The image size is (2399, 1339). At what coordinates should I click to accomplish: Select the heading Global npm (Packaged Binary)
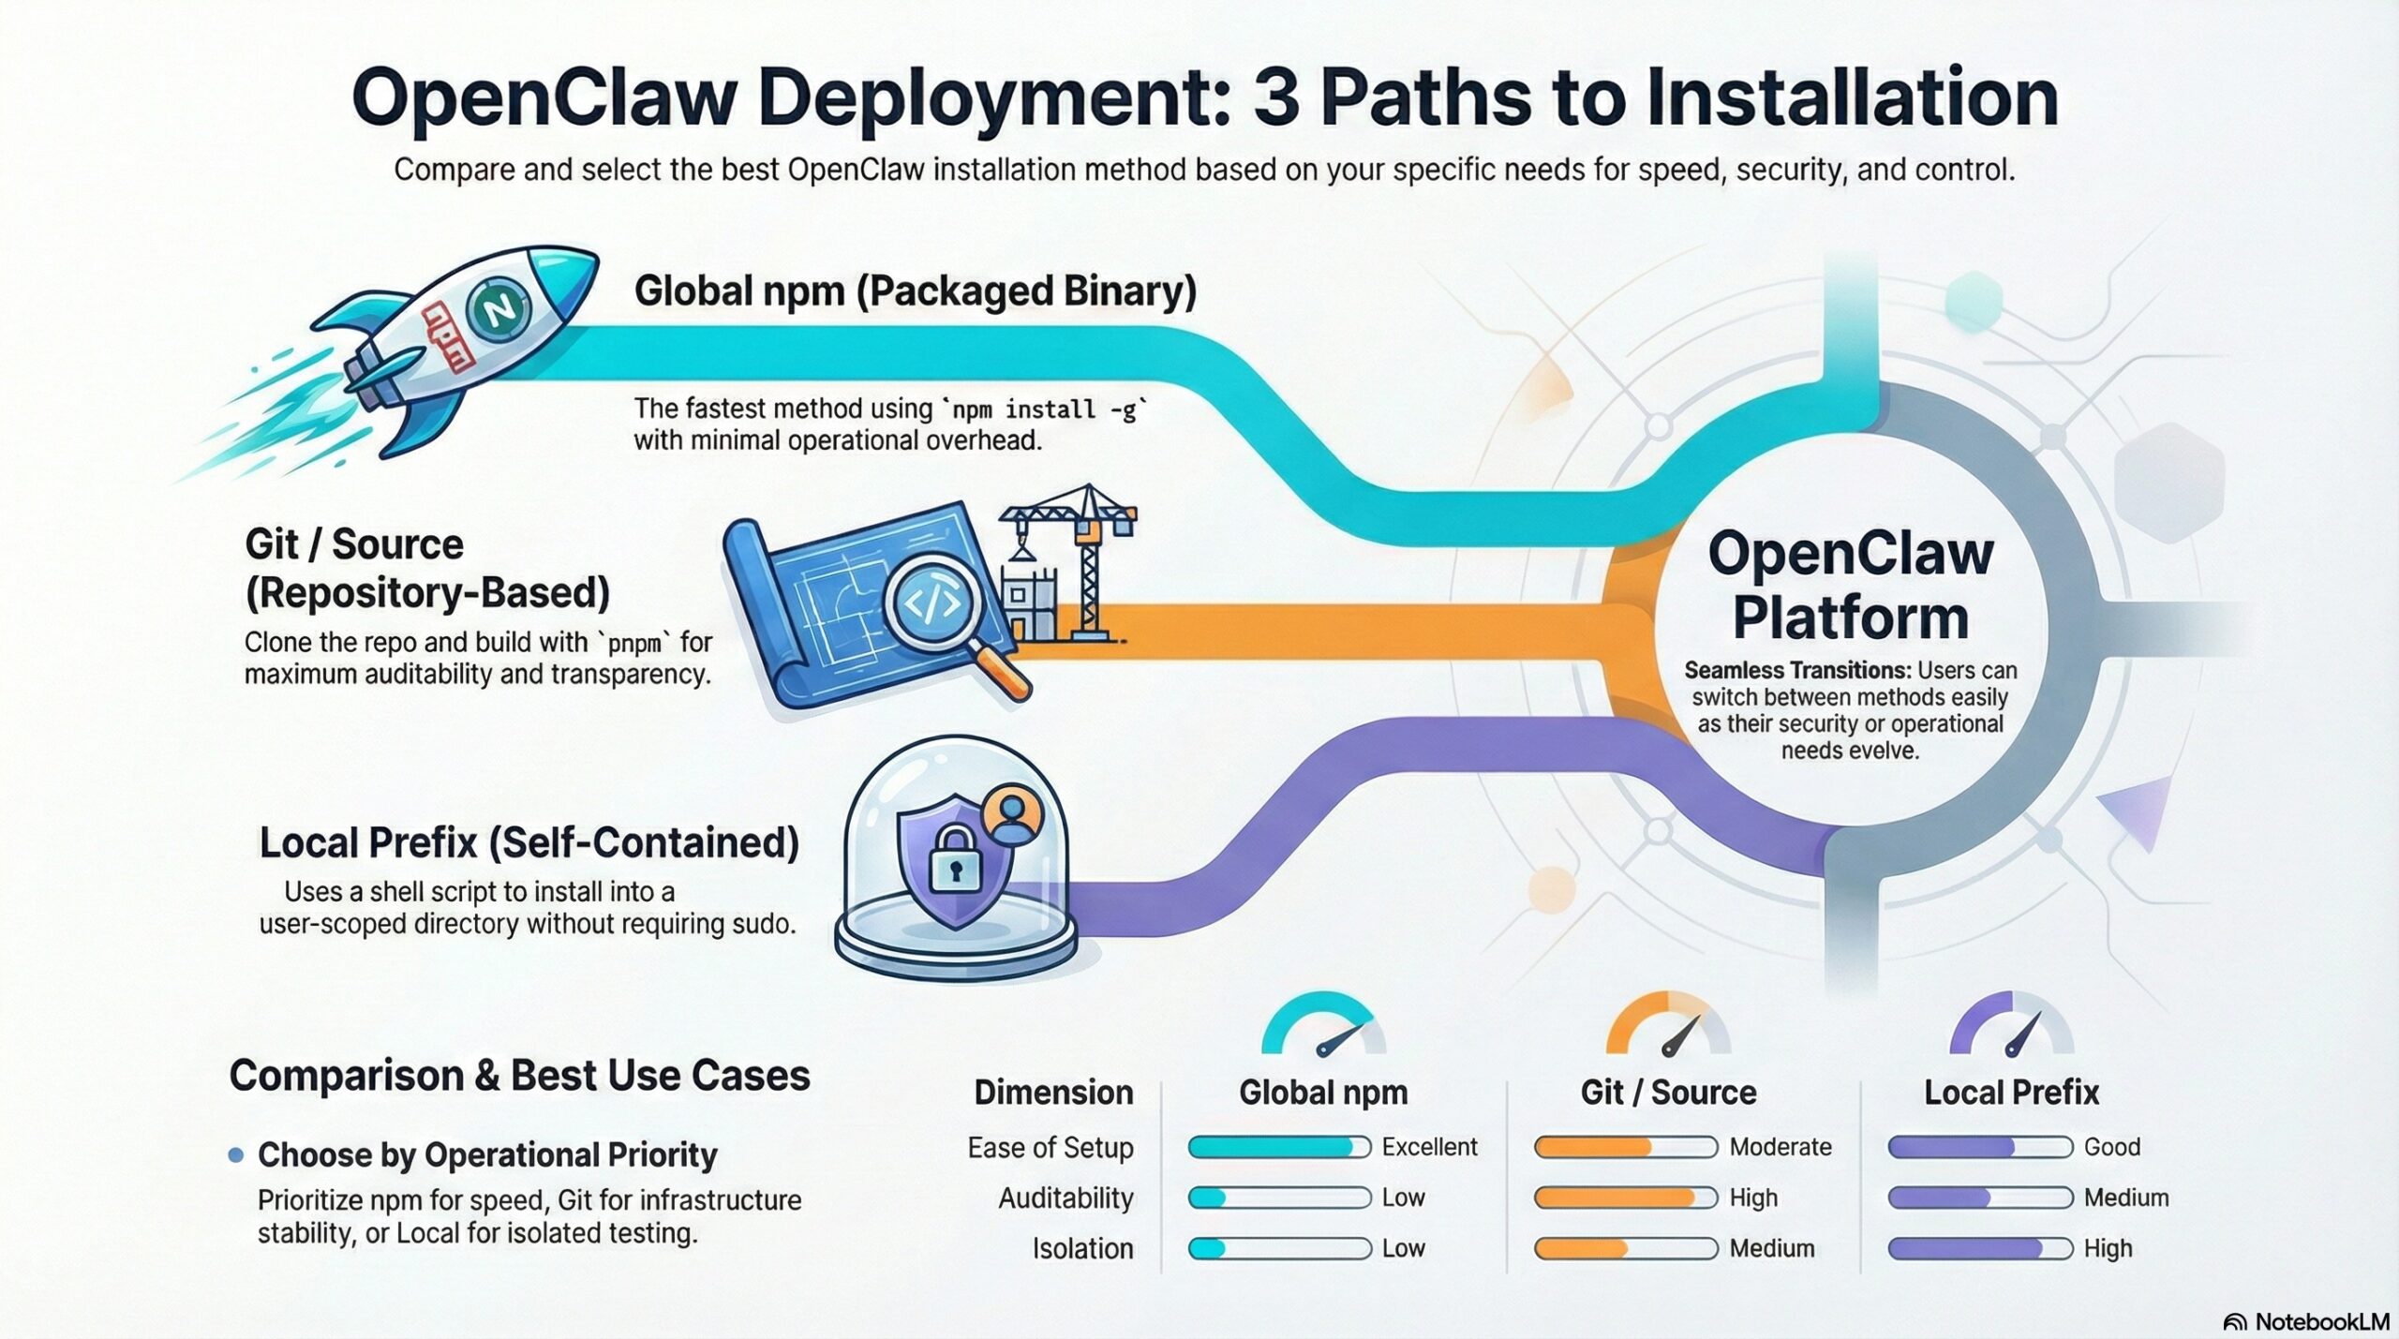click(x=915, y=291)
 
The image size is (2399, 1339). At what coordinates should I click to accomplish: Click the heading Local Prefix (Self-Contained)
click(x=529, y=842)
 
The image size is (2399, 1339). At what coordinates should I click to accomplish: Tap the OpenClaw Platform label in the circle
click(x=1850, y=585)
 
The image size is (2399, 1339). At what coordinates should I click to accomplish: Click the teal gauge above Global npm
click(x=1323, y=1029)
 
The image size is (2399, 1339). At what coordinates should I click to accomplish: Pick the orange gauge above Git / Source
click(x=1668, y=1029)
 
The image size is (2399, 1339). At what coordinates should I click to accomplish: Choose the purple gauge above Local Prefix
click(x=2011, y=1029)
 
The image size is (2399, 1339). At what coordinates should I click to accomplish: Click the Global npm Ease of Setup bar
click(x=1278, y=1147)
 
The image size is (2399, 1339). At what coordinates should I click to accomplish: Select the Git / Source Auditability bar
click(x=1625, y=1198)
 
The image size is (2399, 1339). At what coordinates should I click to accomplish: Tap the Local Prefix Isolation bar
click(x=1979, y=1248)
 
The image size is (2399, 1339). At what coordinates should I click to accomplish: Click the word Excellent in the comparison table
click(x=1429, y=1147)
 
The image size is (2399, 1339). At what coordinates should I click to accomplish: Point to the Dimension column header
click(x=1053, y=1093)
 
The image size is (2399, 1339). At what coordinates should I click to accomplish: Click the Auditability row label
click(x=1065, y=1198)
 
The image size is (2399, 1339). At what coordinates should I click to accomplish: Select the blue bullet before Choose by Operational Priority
click(x=236, y=1155)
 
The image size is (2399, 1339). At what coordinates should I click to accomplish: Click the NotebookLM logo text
click(x=2321, y=1321)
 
